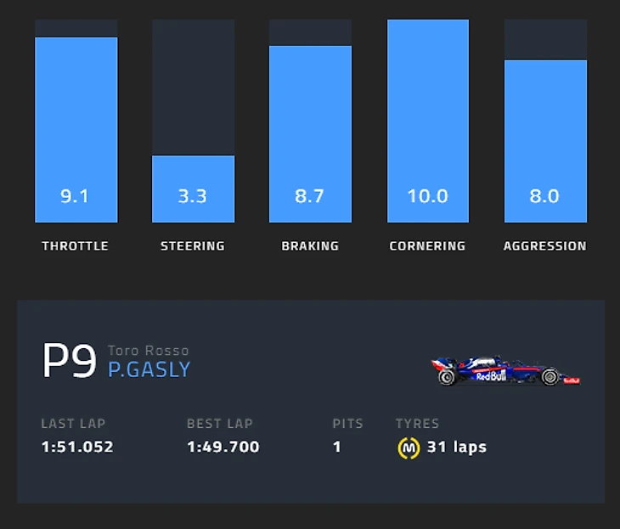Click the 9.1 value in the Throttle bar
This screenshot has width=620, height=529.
coord(76,196)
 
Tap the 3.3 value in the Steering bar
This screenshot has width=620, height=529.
coord(193,196)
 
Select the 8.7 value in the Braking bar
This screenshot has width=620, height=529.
coord(310,196)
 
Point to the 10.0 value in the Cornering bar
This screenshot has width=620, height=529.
coord(427,196)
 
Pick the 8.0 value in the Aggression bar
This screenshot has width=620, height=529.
coord(544,196)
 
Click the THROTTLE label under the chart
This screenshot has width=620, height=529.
coord(76,246)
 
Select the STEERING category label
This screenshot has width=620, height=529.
coord(193,246)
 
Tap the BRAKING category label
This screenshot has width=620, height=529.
coord(310,246)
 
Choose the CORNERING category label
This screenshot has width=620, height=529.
coord(427,246)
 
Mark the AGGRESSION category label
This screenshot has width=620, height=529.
coord(544,246)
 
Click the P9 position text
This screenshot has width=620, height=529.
coord(69,362)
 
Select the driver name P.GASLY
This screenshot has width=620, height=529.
coord(149,370)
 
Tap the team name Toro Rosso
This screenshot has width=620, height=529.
coord(149,351)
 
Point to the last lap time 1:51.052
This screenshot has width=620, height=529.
coord(77,447)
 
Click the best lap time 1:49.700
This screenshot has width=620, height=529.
coord(223,447)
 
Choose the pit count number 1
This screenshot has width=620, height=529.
coord(337,447)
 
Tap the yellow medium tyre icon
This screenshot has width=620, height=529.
coord(409,447)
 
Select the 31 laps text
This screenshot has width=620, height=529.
coord(457,447)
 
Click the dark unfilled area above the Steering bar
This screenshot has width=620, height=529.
coord(193,85)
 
